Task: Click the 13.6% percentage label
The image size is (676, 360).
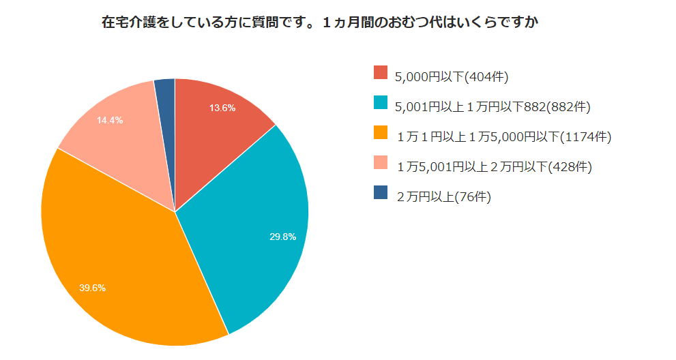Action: tap(222, 108)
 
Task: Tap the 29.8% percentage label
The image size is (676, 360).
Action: tap(282, 237)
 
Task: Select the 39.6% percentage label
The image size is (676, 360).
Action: tap(92, 288)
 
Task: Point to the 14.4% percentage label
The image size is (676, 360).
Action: tap(110, 120)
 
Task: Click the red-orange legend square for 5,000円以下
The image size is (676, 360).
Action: tap(381, 73)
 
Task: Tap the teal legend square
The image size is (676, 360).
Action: tap(381, 103)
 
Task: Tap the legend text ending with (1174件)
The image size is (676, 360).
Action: tap(503, 137)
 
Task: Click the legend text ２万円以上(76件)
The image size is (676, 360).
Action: tap(443, 197)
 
